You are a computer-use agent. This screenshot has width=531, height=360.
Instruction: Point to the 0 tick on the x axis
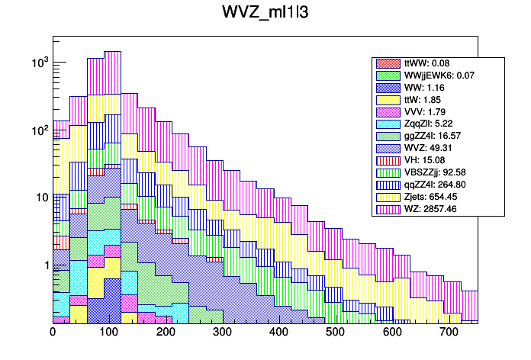pyautogui.click(x=53, y=332)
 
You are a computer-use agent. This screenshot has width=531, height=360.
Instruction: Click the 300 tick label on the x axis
pyautogui.click(x=222, y=332)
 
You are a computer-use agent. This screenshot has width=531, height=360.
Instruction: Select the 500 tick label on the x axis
pyautogui.click(x=335, y=332)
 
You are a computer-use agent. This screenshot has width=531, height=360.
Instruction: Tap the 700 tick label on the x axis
pyautogui.click(x=448, y=332)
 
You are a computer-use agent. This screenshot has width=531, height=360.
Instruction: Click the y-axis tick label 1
pyautogui.click(x=44, y=265)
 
